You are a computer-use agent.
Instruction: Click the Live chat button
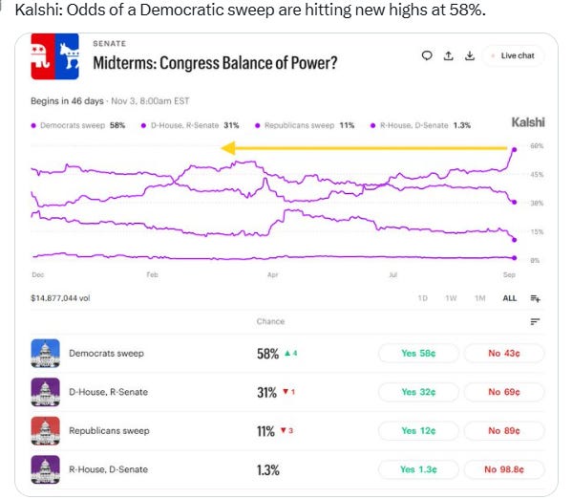(x=514, y=55)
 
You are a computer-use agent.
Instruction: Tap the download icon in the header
(x=470, y=55)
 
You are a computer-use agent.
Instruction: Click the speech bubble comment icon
(x=427, y=55)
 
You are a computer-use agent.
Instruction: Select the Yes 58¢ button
(x=418, y=354)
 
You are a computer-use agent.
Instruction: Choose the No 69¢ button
(x=504, y=392)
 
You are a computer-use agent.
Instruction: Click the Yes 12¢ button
(x=418, y=431)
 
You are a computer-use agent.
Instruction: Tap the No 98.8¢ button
(x=504, y=469)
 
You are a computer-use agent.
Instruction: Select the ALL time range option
(x=510, y=298)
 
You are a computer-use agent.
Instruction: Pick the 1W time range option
(x=451, y=298)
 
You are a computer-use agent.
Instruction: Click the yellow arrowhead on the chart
(x=228, y=148)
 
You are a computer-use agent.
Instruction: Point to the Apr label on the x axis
(x=272, y=274)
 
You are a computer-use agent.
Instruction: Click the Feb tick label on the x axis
(x=153, y=274)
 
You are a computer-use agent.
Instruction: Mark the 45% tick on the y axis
(x=537, y=175)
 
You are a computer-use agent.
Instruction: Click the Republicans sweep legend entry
(x=305, y=125)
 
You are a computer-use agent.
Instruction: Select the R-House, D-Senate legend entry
(x=420, y=125)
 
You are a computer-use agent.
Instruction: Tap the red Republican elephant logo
(x=43, y=56)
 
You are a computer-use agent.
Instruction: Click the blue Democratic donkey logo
(x=67, y=56)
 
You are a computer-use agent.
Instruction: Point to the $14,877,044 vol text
(x=60, y=298)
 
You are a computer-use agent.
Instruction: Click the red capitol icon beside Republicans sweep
(x=45, y=431)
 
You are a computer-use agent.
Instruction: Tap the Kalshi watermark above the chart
(x=528, y=122)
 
